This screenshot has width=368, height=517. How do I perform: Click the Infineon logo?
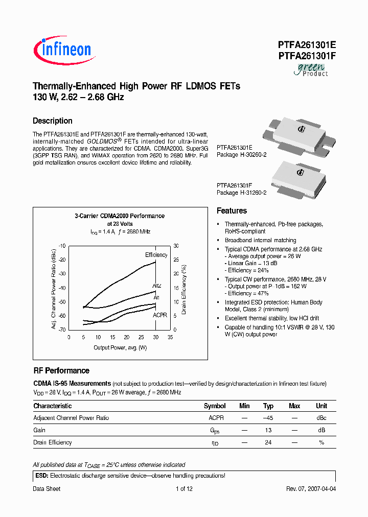click(62, 50)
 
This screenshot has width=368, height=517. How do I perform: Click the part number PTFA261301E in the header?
click(307, 45)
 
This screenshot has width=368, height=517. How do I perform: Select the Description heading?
click(53, 121)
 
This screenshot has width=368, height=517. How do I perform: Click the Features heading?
click(232, 211)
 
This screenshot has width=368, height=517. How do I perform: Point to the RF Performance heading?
click(61, 371)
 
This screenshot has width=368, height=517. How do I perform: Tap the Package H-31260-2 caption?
click(242, 193)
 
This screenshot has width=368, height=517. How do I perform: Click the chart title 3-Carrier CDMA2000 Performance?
click(120, 216)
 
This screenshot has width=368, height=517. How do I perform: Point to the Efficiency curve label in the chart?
click(156, 255)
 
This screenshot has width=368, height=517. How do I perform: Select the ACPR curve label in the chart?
click(160, 315)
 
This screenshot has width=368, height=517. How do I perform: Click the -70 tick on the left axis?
click(62, 330)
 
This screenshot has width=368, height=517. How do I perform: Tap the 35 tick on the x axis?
click(170, 337)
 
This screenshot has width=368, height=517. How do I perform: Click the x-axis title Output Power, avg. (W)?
click(120, 348)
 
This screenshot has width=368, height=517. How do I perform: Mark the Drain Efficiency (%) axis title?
click(183, 289)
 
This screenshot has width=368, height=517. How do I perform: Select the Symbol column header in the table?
click(215, 406)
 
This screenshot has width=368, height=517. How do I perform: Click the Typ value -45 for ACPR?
click(268, 418)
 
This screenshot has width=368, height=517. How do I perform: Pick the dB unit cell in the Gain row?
click(321, 430)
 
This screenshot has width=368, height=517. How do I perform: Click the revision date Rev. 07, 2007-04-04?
click(311, 489)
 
